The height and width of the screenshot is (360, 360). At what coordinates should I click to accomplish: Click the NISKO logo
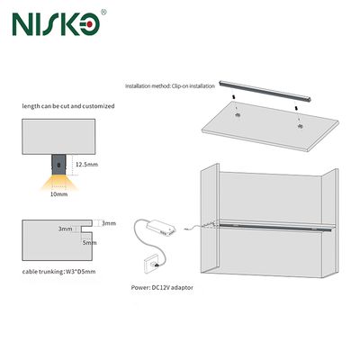[x=56, y=23]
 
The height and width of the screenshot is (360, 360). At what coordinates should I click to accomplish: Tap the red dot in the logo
[x=90, y=23]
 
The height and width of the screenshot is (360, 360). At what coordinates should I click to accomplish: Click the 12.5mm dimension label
[x=86, y=165]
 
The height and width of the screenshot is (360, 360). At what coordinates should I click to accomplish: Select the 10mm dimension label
[x=58, y=194]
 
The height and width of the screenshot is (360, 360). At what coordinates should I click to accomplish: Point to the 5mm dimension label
[x=89, y=242]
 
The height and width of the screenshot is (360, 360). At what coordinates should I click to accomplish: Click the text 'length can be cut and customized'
[x=68, y=106]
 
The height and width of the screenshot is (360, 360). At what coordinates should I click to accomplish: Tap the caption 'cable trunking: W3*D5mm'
[x=59, y=272]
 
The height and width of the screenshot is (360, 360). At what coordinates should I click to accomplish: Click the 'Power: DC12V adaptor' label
[x=162, y=287]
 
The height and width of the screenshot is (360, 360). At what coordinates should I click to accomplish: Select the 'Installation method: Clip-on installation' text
[x=170, y=86]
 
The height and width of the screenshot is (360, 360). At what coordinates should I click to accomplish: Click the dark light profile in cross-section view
[x=58, y=165]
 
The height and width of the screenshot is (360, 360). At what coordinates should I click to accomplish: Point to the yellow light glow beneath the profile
[x=59, y=183]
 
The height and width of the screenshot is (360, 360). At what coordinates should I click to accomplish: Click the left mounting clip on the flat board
[x=238, y=115]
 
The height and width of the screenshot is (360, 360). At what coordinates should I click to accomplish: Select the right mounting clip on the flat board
[x=300, y=126]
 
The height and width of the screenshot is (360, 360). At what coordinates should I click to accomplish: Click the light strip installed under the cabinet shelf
[x=274, y=227]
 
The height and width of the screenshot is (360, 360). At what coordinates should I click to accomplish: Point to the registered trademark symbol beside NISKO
[x=103, y=12]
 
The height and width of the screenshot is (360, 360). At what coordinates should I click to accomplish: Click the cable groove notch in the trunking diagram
[x=86, y=229]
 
